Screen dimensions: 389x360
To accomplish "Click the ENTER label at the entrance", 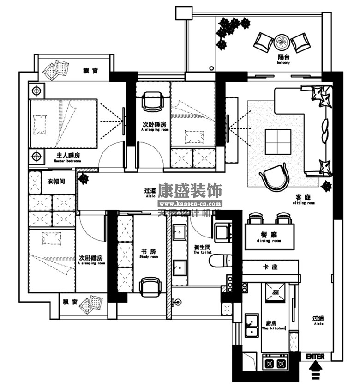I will point(315,357).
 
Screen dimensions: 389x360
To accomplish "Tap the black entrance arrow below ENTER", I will point(316,369).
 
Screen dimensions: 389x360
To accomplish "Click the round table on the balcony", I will point(282,43).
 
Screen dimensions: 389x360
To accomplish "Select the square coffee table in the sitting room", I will point(278,142).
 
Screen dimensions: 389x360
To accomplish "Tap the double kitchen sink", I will point(251,325).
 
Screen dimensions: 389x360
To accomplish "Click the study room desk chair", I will point(150,286).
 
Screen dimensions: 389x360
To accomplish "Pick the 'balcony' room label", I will point(283,62).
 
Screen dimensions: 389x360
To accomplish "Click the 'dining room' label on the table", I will point(269,241).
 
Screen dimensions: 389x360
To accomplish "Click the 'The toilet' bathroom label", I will point(203,253).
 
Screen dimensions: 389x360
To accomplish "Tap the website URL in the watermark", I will point(190,203).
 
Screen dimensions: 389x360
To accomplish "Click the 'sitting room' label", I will point(305,203).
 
